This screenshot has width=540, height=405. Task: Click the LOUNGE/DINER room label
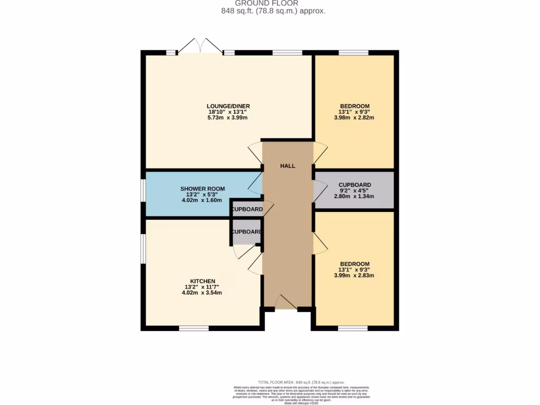(x=228, y=106)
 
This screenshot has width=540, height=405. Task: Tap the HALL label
(x=287, y=166)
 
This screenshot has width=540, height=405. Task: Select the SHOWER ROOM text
(x=202, y=189)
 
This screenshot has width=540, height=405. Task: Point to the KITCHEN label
(x=202, y=281)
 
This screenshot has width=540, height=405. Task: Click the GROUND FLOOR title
(x=269, y=3)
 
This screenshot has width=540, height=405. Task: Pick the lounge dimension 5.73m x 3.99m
(x=228, y=118)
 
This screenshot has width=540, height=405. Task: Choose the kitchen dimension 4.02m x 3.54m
(x=202, y=293)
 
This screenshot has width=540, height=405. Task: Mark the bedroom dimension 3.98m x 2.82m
(x=354, y=118)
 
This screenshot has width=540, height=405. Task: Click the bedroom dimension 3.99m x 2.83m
(x=354, y=275)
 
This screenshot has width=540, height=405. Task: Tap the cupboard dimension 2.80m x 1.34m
(x=354, y=196)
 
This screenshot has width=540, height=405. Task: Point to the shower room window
(x=142, y=190)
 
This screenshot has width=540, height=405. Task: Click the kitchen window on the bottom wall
(x=194, y=328)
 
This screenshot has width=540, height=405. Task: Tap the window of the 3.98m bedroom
(x=353, y=53)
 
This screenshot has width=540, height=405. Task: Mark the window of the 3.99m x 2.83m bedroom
(x=353, y=328)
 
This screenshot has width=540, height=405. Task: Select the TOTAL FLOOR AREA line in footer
(x=301, y=382)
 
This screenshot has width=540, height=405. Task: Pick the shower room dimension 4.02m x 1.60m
(x=202, y=200)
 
